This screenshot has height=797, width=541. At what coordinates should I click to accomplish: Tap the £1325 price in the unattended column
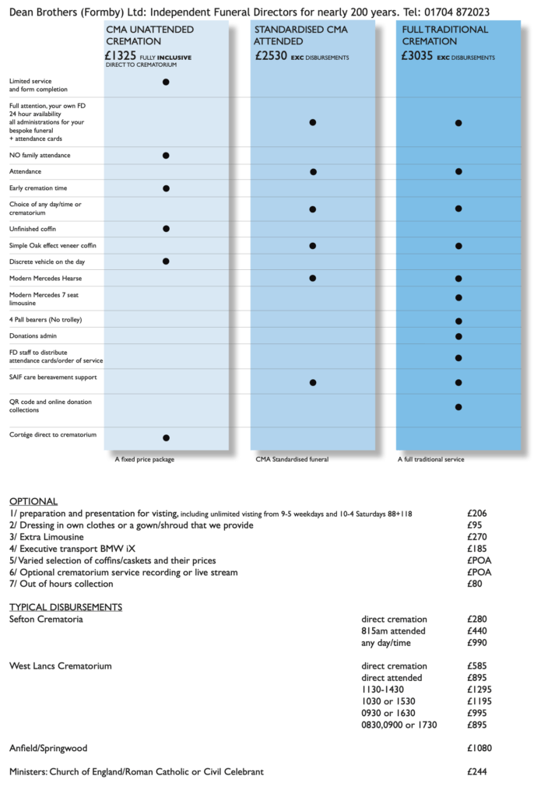click(x=121, y=56)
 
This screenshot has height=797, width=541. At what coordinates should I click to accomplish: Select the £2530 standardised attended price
click(x=272, y=56)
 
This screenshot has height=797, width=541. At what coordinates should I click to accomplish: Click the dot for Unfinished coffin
click(x=166, y=229)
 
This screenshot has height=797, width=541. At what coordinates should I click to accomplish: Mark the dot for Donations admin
click(x=458, y=336)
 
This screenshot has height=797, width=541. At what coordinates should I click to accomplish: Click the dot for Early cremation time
click(x=166, y=188)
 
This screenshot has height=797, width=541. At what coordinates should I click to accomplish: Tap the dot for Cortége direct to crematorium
click(x=166, y=437)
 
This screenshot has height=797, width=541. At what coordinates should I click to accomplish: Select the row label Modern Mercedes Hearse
click(x=45, y=278)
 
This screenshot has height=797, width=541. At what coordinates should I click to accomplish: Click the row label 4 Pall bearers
click(x=45, y=320)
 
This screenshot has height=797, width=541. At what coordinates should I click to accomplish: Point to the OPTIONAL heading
click(x=33, y=501)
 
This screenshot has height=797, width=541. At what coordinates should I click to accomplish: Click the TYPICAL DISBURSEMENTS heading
click(x=65, y=607)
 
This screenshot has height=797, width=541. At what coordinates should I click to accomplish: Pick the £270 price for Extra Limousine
click(x=477, y=537)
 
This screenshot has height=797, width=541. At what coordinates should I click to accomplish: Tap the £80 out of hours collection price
click(x=475, y=584)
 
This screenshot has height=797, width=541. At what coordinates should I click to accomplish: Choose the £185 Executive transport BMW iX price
click(x=477, y=549)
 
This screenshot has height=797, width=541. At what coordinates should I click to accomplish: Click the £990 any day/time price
click(x=477, y=643)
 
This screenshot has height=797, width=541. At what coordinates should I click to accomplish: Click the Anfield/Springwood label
click(x=48, y=748)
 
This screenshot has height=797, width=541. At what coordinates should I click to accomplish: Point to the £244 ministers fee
click(x=477, y=772)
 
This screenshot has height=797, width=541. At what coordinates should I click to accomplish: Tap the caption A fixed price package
click(x=145, y=460)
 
